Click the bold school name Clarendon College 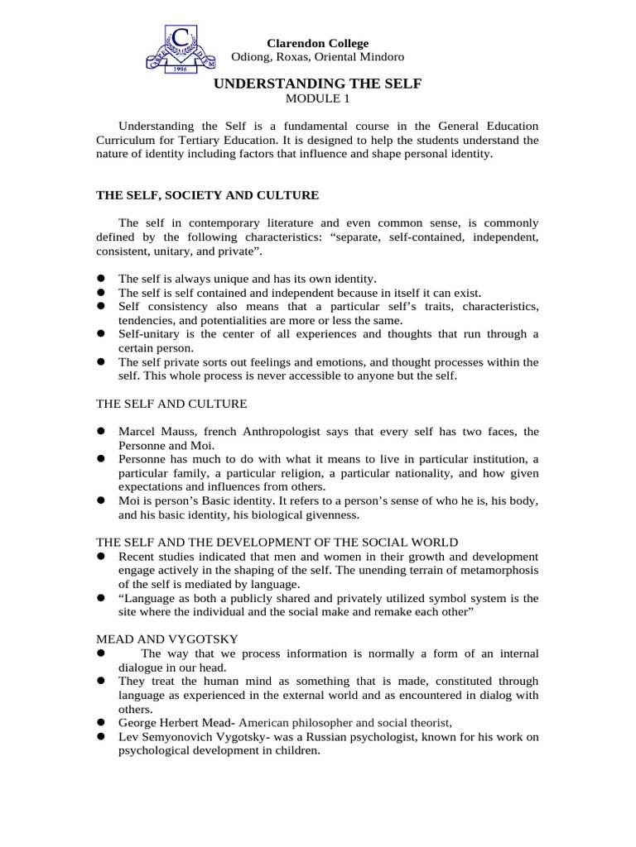tap(317, 43)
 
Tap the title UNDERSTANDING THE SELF tap(317, 84)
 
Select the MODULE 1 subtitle tap(317, 98)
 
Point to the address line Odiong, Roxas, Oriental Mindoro tap(317, 57)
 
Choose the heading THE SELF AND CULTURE tap(171, 404)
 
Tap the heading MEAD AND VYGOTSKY tap(167, 638)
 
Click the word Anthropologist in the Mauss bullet tap(291, 432)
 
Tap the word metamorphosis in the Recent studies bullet tap(497, 570)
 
